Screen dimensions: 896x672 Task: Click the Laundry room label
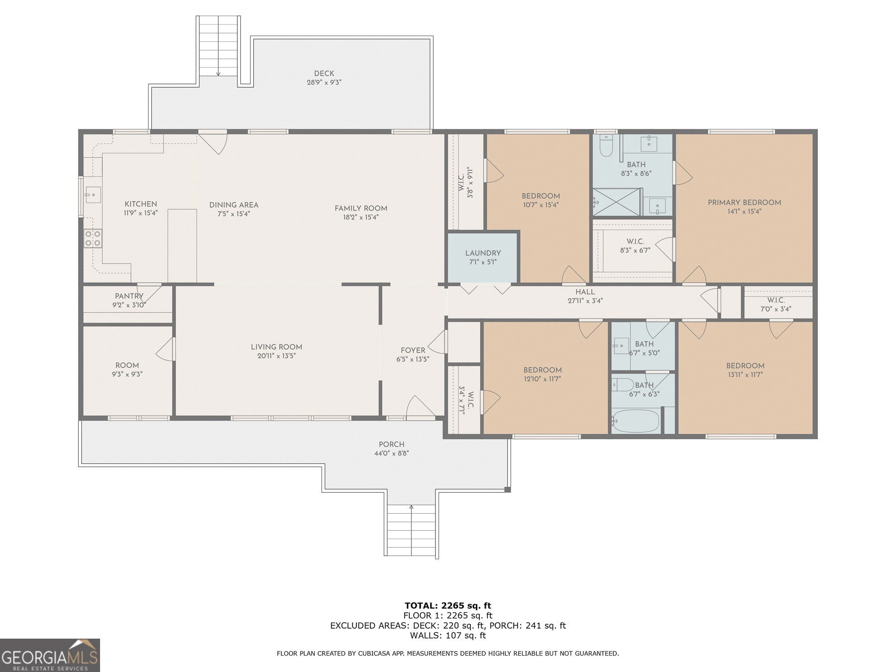pos(483,253)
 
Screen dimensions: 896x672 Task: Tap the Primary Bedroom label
pos(744,202)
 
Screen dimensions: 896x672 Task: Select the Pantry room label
pos(129,296)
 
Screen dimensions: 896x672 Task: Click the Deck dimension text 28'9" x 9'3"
pos(324,82)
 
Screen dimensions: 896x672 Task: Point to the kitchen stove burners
pos(93,238)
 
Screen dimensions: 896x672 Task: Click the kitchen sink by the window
pos(93,195)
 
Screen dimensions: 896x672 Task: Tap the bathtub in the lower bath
pos(635,421)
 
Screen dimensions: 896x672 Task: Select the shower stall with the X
pos(616,202)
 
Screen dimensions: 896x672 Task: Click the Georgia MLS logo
pos(50,655)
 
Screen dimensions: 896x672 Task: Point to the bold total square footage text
pos(448,606)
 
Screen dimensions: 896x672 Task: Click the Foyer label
pos(413,350)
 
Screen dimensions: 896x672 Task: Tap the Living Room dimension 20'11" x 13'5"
pos(276,356)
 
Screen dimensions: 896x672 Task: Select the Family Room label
pos(361,208)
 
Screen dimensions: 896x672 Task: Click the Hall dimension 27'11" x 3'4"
pos(585,301)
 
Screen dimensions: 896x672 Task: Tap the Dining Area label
pos(233,205)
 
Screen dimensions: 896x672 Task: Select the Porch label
pos(391,444)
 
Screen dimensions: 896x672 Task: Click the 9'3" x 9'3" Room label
pos(127,365)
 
